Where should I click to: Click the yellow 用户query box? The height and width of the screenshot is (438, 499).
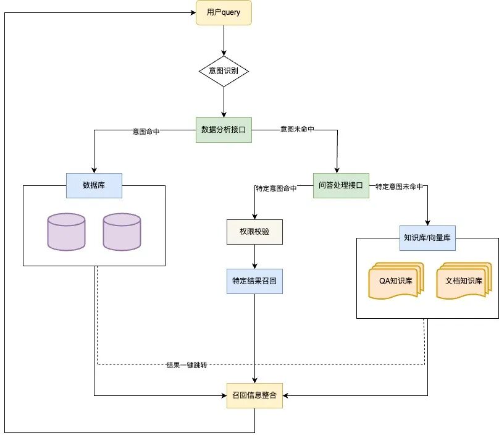224,13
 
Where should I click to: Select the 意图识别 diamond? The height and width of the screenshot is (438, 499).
224,71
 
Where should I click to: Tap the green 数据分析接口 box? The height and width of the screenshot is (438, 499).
224,130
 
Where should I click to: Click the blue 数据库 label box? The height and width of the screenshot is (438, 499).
94,185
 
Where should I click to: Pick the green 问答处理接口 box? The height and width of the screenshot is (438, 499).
341,185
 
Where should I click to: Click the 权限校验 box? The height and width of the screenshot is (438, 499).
254,232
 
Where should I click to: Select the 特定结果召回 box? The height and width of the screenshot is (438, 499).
254,281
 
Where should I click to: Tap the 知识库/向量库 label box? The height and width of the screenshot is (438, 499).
427,238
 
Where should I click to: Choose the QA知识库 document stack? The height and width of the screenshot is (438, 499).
396,280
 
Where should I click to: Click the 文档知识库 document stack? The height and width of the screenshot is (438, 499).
464,280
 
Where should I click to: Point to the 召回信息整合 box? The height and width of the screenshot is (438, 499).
254,395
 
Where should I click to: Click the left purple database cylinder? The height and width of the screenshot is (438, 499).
66,232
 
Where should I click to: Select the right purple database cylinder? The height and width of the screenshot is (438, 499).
122,232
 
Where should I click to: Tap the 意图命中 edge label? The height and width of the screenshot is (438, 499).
146,132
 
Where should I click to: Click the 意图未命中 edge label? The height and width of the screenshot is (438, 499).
297,129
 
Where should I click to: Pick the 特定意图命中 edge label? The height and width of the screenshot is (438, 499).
276,188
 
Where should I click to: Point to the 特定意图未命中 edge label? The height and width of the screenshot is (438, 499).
399,187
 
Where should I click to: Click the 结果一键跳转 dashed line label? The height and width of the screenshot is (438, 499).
187,365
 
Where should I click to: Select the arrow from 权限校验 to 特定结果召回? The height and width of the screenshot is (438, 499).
254,256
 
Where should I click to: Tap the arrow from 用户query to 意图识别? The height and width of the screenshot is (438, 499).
224,40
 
